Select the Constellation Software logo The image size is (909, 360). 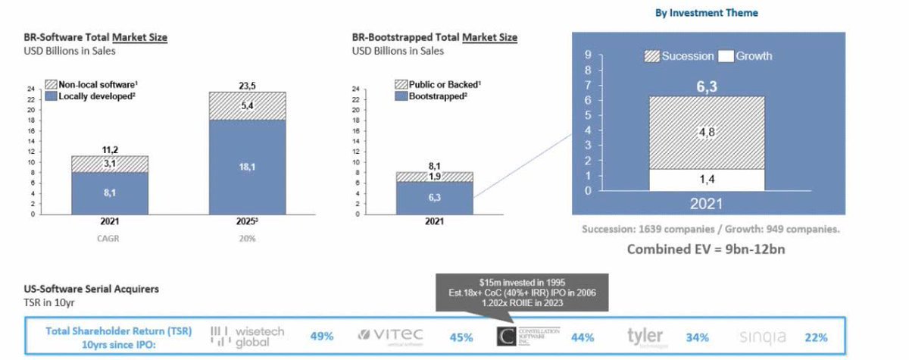tap(528, 336)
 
